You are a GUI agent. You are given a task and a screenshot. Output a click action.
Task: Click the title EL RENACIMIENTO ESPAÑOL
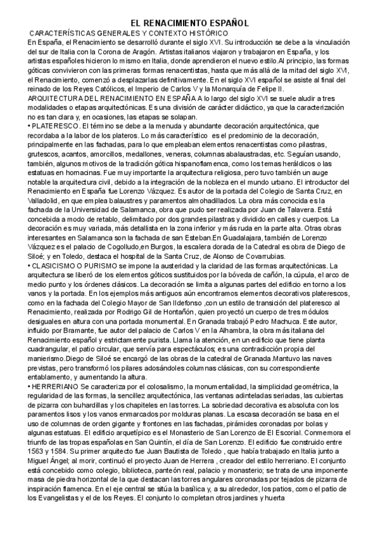[x=194, y=22]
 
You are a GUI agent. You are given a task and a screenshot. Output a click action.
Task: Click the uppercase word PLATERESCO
[x=51, y=126]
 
